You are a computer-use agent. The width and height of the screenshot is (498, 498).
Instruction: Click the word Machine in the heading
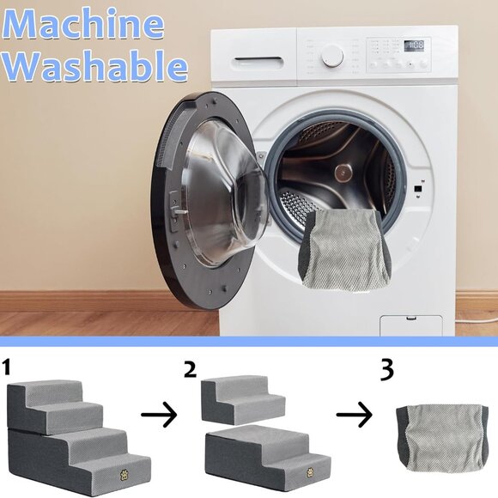(83, 24)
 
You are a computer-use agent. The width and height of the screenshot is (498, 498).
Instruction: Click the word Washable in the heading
(94, 65)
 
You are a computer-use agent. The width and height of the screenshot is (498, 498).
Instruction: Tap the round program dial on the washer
(332, 56)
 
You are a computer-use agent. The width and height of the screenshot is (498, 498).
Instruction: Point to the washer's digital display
(414, 46)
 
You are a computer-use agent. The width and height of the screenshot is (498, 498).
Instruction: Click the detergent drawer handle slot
(258, 59)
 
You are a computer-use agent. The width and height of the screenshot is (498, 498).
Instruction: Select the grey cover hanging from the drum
(345, 250)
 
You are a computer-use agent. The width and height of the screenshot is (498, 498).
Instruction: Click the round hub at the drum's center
(343, 173)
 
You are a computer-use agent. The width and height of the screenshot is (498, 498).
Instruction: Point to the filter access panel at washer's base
(411, 325)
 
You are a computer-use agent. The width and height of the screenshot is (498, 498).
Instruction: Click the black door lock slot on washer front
(418, 189)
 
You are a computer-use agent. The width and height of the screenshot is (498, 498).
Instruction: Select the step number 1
(6, 367)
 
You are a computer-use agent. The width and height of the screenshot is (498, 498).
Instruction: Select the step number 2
(190, 369)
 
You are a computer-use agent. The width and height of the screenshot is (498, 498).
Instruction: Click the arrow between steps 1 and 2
(159, 415)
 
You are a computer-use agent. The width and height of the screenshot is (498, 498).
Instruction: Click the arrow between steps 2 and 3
(354, 415)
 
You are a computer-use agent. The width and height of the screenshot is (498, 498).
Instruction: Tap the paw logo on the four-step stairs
(125, 475)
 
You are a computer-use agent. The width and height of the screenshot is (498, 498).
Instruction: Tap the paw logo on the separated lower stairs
(311, 472)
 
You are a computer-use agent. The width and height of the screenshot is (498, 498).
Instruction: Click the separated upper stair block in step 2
(243, 399)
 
